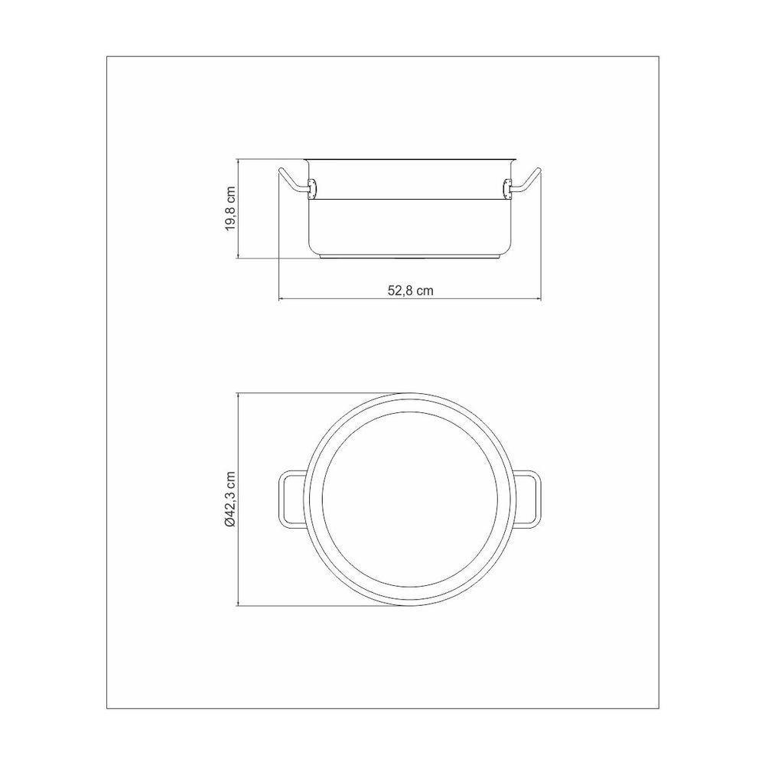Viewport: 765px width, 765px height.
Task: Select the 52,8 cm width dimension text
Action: (411, 291)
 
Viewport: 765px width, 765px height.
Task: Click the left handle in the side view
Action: (293, 180)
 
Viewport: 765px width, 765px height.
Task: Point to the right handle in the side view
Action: (528, 180)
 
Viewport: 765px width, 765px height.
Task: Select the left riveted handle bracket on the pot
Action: (312, 186)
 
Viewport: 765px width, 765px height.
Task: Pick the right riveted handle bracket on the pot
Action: (509, 186)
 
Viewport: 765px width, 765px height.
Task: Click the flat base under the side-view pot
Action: (410, 257)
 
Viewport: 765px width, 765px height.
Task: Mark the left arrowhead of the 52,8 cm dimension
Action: (281, 298)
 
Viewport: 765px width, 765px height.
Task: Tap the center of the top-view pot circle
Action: (410, 500)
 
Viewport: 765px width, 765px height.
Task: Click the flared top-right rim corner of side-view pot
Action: (513, 161)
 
